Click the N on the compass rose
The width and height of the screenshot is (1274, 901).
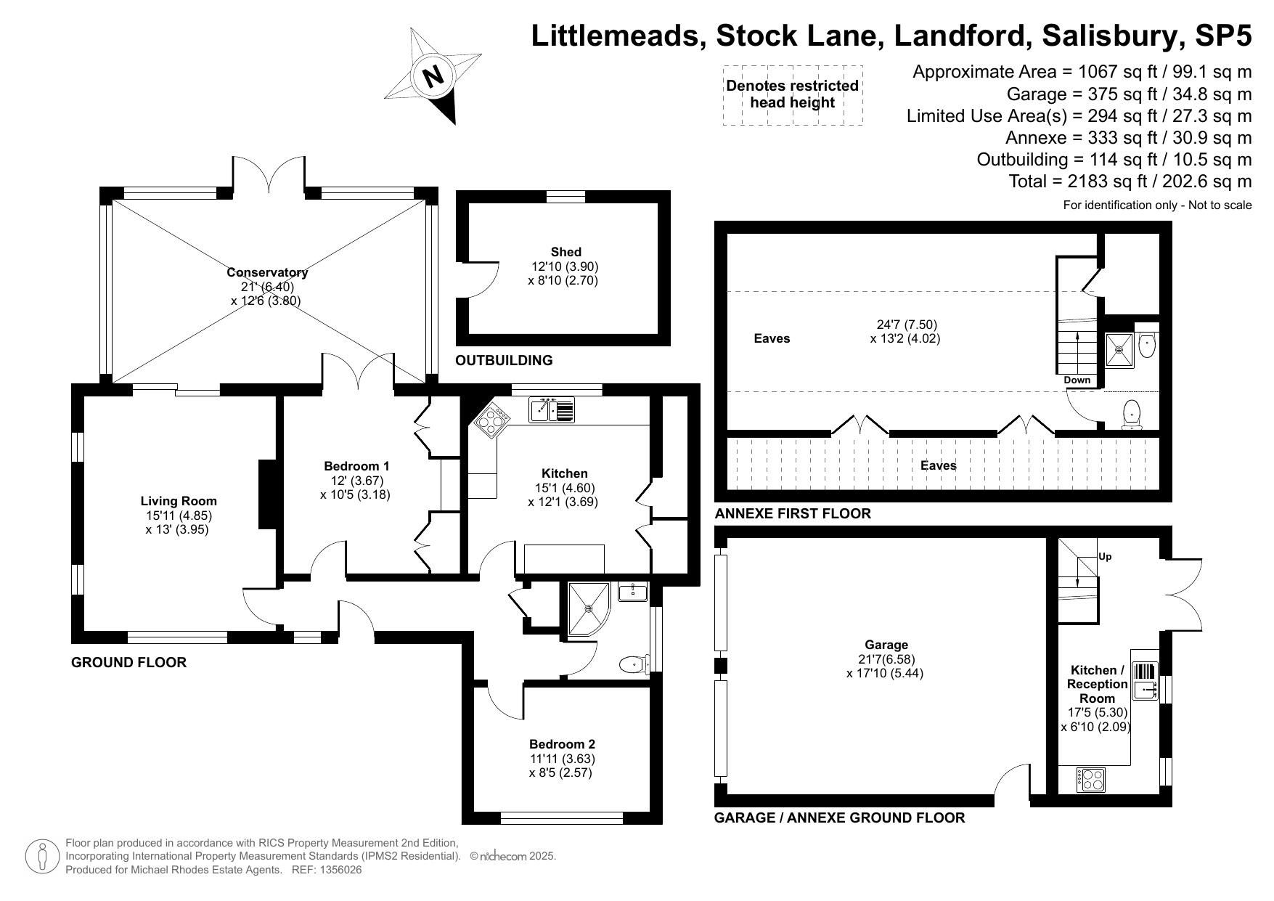click(433, 76)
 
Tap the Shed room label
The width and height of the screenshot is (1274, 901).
click(565, 252)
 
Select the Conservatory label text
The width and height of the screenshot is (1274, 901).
click(267, 272)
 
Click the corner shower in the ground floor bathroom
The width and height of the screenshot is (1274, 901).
click(587, 608)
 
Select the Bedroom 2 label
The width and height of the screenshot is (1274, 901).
click(562, 744)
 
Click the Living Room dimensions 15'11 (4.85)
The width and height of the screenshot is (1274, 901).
click(179, 515)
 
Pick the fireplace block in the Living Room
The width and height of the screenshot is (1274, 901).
click(267, 494)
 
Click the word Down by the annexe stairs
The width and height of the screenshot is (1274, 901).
click(1077, 380)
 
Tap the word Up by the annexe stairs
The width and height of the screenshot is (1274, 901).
click(1105, 557)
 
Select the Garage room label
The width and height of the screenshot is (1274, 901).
click(886, 645)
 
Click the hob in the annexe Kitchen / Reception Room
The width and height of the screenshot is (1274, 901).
click(1091, 780)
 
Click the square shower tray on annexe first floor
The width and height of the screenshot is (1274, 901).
click(1119, 350)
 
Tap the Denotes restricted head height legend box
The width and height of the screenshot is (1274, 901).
click(793, 94)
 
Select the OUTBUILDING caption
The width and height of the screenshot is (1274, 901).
click(504, 360)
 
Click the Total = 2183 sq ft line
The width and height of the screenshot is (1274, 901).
click(1130, 181)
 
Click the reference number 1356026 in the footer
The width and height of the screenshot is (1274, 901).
click(336, 870)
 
